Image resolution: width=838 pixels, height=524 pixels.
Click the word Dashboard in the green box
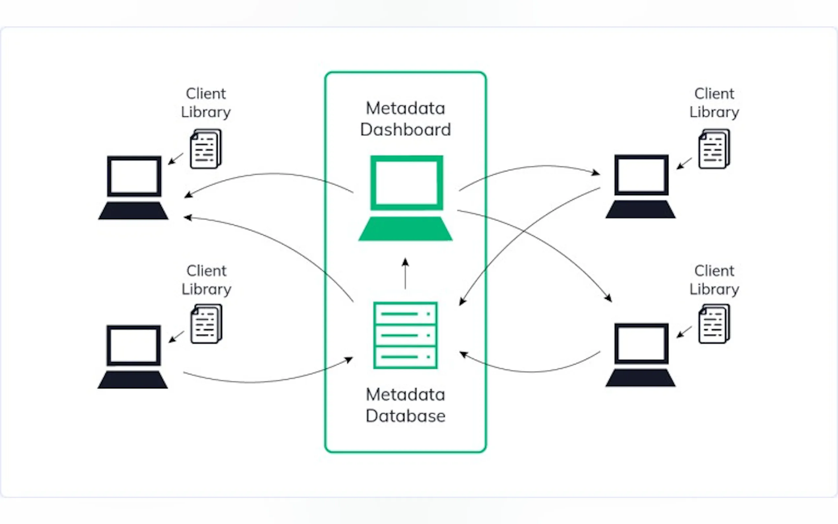pos(405,130)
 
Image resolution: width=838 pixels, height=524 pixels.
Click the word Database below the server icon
pos(405,416)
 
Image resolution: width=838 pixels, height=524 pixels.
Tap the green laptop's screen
pos(406,182)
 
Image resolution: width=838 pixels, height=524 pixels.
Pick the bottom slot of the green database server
pos(405,357)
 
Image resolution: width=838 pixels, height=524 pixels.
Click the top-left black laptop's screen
pos(134,177)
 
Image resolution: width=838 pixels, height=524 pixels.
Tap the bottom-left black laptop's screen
pos(133,345)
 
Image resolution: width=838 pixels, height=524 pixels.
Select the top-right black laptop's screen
pos(641,175)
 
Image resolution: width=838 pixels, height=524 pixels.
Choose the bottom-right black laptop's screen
pos(641,344)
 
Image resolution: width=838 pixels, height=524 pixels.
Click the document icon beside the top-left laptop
pos(206,149)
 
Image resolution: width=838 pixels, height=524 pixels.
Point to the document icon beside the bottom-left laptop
pos(206,324)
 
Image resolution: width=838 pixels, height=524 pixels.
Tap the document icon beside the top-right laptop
pos(714,149)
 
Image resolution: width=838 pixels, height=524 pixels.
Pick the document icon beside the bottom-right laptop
pos(714,324)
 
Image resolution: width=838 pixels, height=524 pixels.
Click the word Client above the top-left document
pos(206,94)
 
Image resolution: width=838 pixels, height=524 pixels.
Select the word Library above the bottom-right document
pos(714,289)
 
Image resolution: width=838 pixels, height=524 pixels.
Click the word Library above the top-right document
pos(714,112)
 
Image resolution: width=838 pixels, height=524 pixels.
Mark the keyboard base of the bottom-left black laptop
pos(133,380)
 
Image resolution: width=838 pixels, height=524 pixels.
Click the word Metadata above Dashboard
pos(405,109)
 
